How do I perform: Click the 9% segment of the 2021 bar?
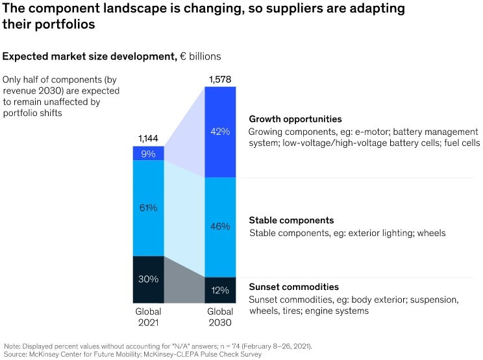(149, 153)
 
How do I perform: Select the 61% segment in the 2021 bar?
(149, 208)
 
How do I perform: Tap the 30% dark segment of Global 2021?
(149, 280)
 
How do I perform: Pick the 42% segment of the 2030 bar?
(220, 131)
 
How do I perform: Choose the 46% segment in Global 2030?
(220, 226)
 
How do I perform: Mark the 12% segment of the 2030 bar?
(220, 290)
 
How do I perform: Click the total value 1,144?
(149, 139)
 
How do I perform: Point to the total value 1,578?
(220, 80)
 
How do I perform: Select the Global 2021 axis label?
(149, 317)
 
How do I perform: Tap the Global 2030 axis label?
(220, 317)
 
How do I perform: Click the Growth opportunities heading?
(295, 119)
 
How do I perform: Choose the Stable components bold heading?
(291, 220)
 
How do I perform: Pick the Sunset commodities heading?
(293, 287)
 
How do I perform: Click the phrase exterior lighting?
(372, 232)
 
